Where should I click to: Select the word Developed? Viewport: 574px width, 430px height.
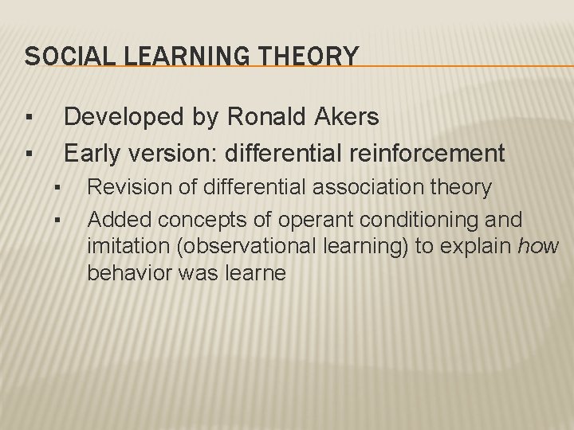[128, 118]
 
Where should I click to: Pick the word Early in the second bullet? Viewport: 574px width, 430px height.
[91, 151]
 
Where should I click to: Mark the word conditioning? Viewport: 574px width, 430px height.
[430, 218]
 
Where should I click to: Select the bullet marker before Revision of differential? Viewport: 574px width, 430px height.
[58, 188]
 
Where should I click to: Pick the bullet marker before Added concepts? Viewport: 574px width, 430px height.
[58, 218]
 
